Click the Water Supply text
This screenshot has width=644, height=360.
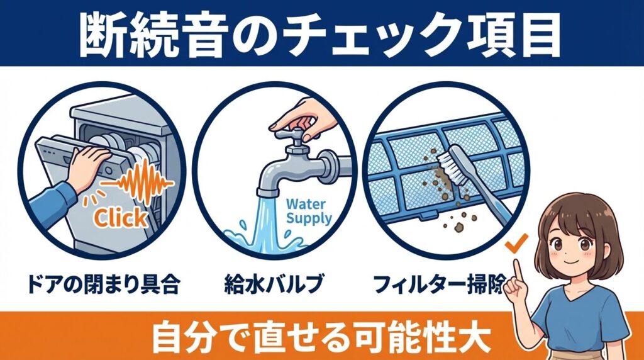308,211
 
